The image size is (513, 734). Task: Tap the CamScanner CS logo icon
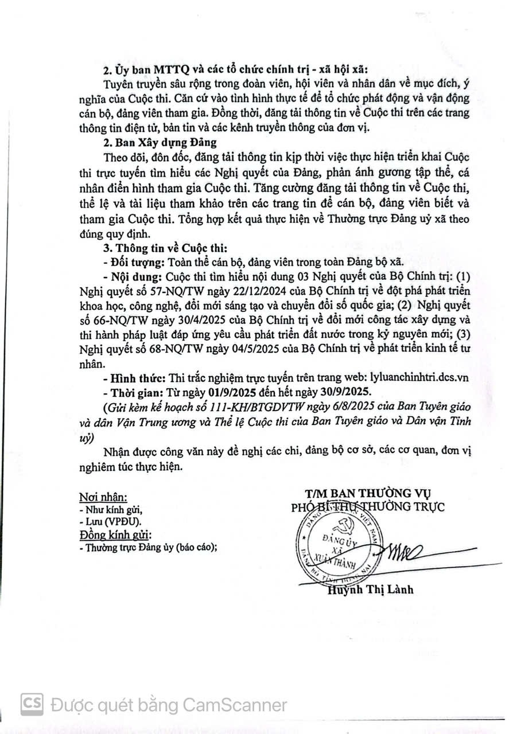32,704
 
